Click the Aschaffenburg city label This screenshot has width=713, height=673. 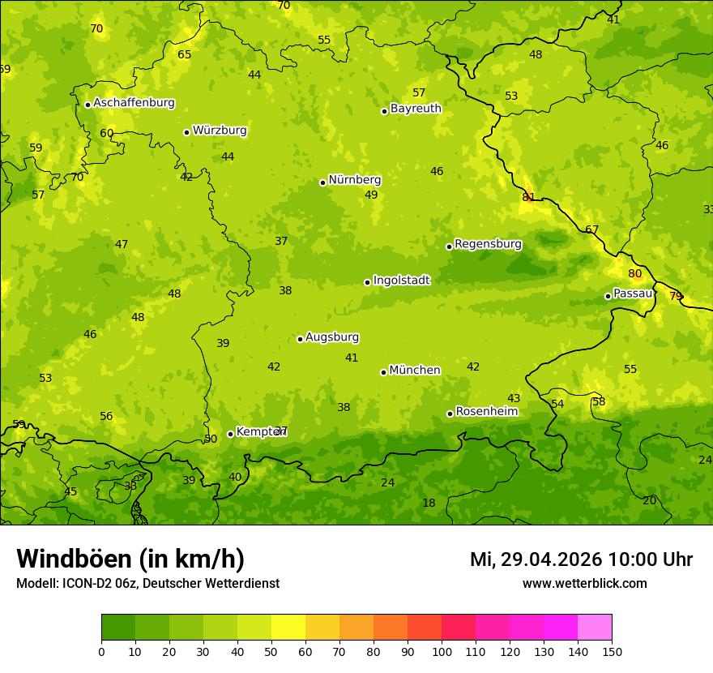(x=134, y=103)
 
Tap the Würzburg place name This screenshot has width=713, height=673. (x=220, y=131)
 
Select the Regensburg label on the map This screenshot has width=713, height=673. (x=488, y=244)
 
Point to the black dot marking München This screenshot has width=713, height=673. (x=383, y=372)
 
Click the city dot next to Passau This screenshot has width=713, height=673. (x=608, y=296)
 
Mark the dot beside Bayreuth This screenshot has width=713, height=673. (x=384, y=111)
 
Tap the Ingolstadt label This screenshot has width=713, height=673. (x=401, y=281)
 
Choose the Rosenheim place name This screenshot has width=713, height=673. (x=486, y=412)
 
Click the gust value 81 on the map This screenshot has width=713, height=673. (x=528, y=197)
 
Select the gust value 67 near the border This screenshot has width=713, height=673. (x=591, y=230)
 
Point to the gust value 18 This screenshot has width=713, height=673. (x=429, y=504)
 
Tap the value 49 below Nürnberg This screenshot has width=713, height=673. (x=371, y=195)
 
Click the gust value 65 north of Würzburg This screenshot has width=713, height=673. (x=185, y=55)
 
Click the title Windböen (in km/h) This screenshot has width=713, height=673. (x=130, y=559)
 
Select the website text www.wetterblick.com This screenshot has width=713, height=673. (x=584, y=583)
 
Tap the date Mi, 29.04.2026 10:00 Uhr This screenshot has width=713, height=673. (x=581, y=559)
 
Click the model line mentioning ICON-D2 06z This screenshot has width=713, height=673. (x=147, y=583)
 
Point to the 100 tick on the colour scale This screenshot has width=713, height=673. (x=442, y=651)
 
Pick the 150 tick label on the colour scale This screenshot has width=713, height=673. (x=612, y=651)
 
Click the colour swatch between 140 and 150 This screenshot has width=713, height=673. (x=595, y=628)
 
